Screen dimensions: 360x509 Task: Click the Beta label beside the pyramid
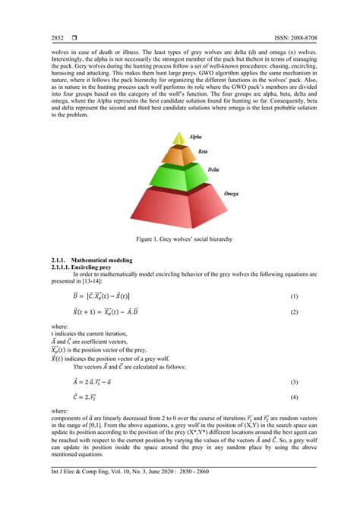[x=203, y=151]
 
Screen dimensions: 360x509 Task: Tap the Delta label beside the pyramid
[x=216, y=170]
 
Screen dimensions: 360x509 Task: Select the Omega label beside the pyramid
[x=228, y=194]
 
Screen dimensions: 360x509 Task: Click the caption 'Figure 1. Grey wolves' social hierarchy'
[x=179, y=239]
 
